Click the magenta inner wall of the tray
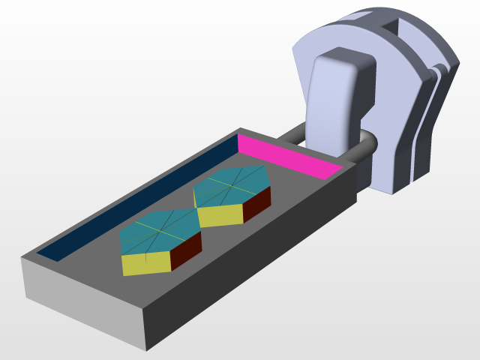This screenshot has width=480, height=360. click(289, 156)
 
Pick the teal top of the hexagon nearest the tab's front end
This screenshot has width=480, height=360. click(157, 232)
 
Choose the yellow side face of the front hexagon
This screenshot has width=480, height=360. click(146, 263)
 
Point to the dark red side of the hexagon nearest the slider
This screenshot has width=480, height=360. click(256, 203)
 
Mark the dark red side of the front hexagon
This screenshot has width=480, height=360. click(185, 250)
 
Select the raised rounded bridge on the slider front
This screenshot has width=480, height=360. click(337, 97)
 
